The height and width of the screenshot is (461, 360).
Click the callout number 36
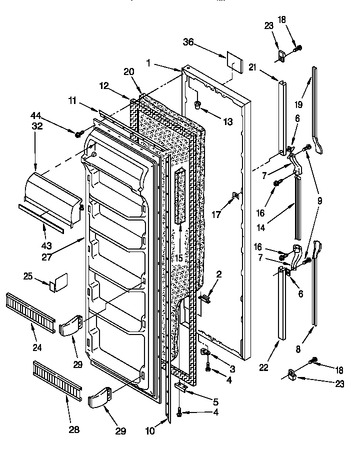pyautogui.click(x=188, y=43)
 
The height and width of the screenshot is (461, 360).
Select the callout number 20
pyautogui.click(x=129, y=72)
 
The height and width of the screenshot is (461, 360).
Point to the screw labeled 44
pyautogui.click(x=78, y=134)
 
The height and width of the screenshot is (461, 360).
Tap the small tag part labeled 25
pyautogui.click(x=59, y=280)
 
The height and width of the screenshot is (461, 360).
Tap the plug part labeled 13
pyautogui.click(x=197, y=104)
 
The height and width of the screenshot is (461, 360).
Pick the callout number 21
pyautogui.click(x=267, y=67)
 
